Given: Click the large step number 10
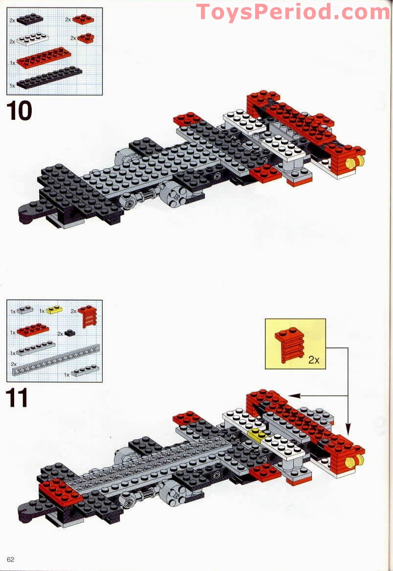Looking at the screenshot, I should pos(20,111).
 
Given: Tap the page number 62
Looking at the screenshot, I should pos(11,560).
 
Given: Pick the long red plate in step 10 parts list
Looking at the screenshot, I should pos(44,58).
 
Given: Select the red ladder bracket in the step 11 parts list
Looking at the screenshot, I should pos(88,316).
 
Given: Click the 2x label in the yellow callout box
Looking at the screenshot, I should pos(313,360).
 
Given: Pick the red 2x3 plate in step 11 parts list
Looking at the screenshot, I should pos(32,330).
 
